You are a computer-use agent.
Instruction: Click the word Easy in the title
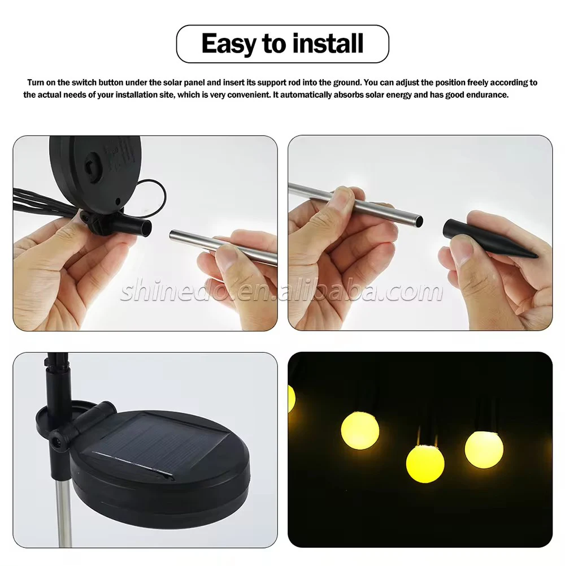click(x=229, y=44)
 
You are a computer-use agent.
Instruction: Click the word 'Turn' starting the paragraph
click(x=36, y=83)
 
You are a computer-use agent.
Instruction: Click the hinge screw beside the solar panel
click(x=55, y=440)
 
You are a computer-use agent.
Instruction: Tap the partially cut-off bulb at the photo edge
click(x=292, y=399)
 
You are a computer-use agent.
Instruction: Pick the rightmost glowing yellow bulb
click(x=484, y=449)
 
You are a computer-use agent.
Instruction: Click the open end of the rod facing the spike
click(x=419, y=221)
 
